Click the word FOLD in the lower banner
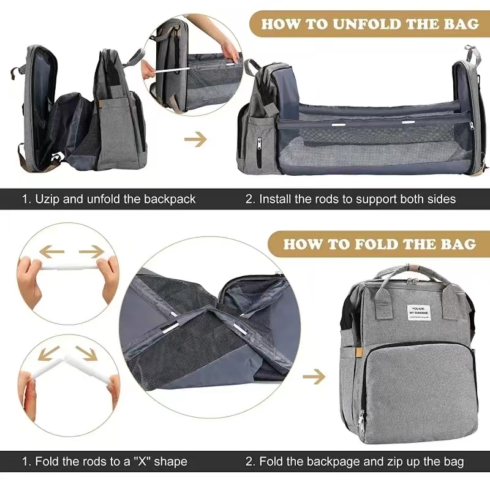click(x=380, y=244)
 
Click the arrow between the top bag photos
click(x=195, y=140)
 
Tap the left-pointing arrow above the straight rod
click(x=53, y=251)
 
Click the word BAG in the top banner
click(x=461, y=24)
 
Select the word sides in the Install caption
click(x=442, y=199)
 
